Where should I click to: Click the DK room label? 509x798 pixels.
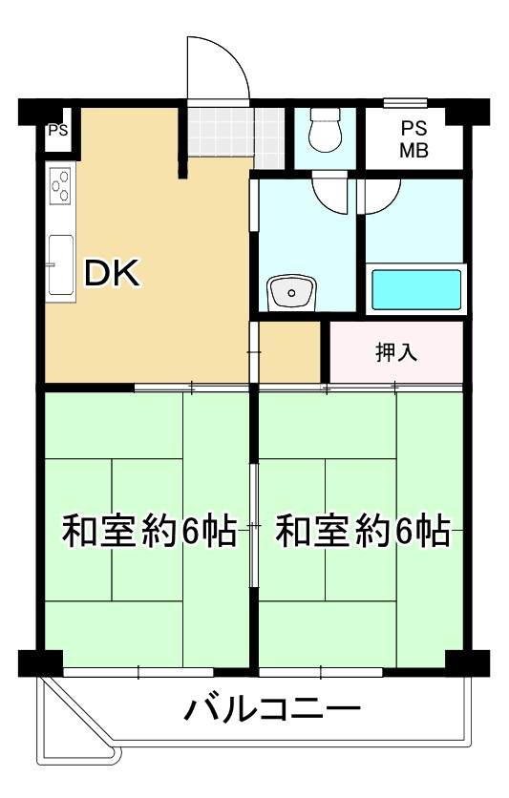114,275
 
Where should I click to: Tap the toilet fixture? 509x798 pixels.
326,133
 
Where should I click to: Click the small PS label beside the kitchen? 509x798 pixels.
58,132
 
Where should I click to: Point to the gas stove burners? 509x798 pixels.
61,184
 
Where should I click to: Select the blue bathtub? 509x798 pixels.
416,288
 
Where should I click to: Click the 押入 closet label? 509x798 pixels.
396,352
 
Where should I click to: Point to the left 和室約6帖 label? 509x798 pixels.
149,531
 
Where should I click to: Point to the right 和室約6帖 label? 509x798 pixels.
363,531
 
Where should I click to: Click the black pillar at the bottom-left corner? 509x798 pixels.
39,661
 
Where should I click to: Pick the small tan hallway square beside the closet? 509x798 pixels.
290,351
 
